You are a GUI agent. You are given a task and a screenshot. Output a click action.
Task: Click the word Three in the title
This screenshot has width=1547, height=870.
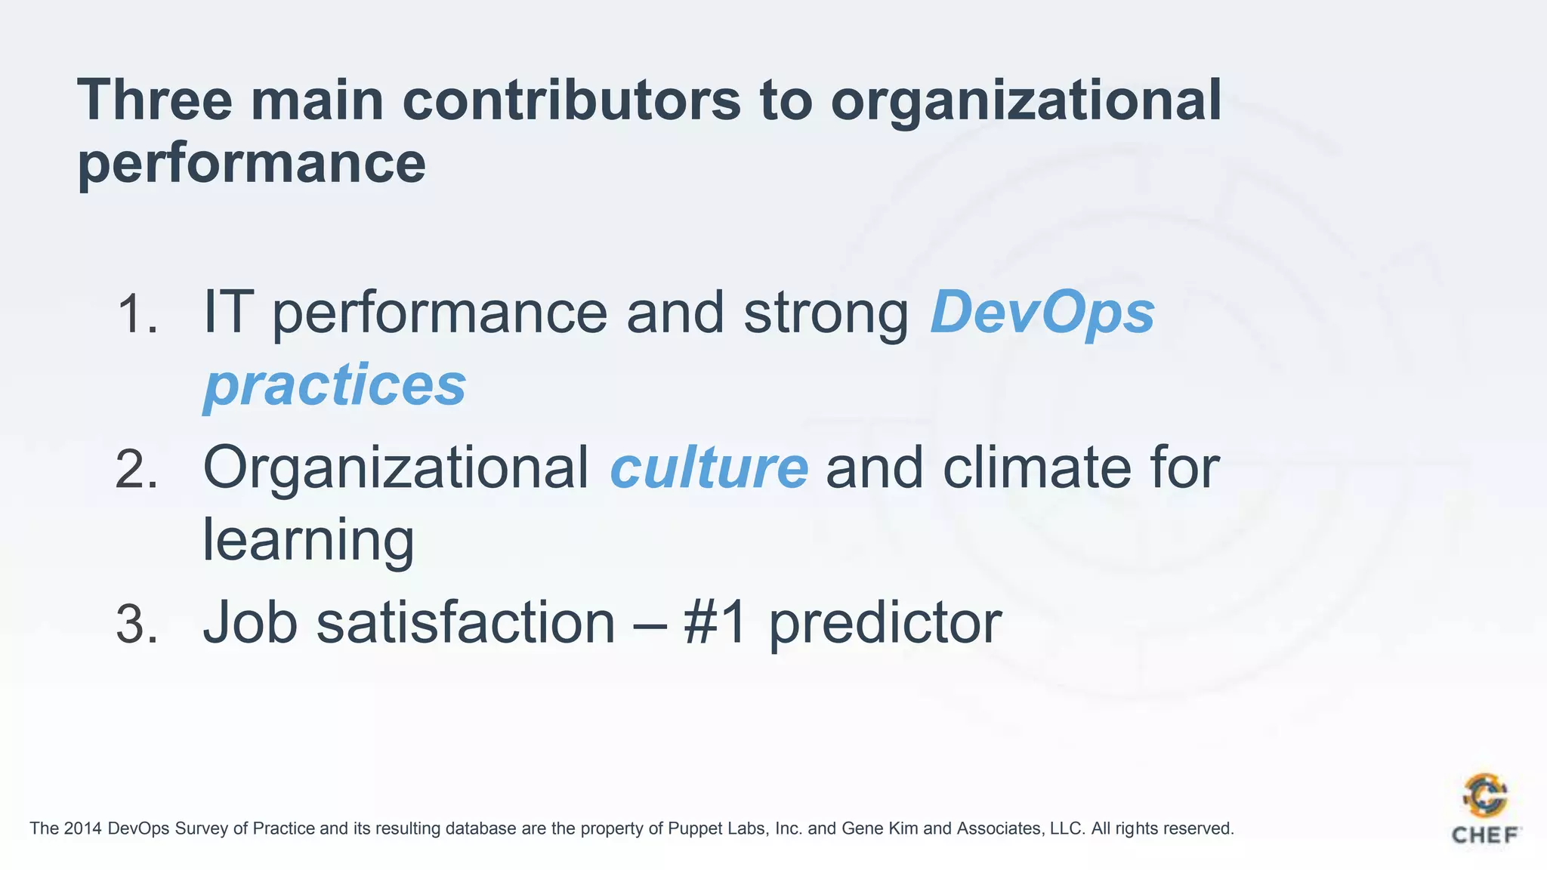tap(155, 100)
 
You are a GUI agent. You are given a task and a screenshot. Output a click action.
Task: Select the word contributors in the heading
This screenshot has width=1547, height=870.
tap(571, 100)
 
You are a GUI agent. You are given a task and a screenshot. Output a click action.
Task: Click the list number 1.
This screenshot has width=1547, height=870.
tap(137, 314)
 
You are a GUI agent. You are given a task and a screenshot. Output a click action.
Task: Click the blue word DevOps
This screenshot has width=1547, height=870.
tap(1042, 313)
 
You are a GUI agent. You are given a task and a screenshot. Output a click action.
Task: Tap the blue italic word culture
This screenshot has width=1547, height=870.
tap(709, 468)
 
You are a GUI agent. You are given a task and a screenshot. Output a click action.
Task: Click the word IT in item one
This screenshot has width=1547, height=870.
tap(225, 313)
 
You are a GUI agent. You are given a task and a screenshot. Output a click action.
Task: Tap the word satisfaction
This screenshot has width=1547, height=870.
tap(465, 624)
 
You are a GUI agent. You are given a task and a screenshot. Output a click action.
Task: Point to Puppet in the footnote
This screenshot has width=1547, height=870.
tap(693, 829)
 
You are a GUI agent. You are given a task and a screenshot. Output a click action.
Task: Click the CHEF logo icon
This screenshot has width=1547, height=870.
tap(1485, 797)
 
